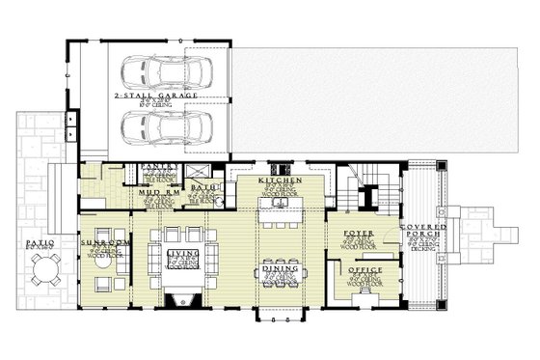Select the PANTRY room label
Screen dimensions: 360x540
(159, 166)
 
